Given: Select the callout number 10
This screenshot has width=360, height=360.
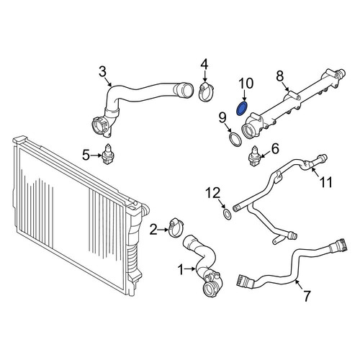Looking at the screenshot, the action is tap(246, 83).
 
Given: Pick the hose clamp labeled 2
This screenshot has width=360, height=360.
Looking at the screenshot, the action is tap(176, 227).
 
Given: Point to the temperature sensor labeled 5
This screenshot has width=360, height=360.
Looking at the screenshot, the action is tap(108, 155).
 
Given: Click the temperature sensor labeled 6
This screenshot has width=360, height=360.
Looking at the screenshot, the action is tap(254, 156).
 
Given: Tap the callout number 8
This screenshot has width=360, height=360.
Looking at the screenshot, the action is tap(279, 76).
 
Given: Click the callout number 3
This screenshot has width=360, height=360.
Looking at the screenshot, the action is tap(102, 71).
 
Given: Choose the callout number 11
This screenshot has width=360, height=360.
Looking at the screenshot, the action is tap(325, 182).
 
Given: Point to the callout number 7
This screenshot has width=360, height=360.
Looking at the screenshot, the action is tap(307, 296).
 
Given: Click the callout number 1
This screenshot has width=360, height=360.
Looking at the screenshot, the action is tap(181, 269).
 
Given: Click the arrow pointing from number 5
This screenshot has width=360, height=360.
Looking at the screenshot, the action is tap(96, 156).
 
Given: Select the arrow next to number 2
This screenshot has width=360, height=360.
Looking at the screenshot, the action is tap(163, 230).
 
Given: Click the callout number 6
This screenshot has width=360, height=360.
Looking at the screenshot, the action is tap(275, 149).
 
